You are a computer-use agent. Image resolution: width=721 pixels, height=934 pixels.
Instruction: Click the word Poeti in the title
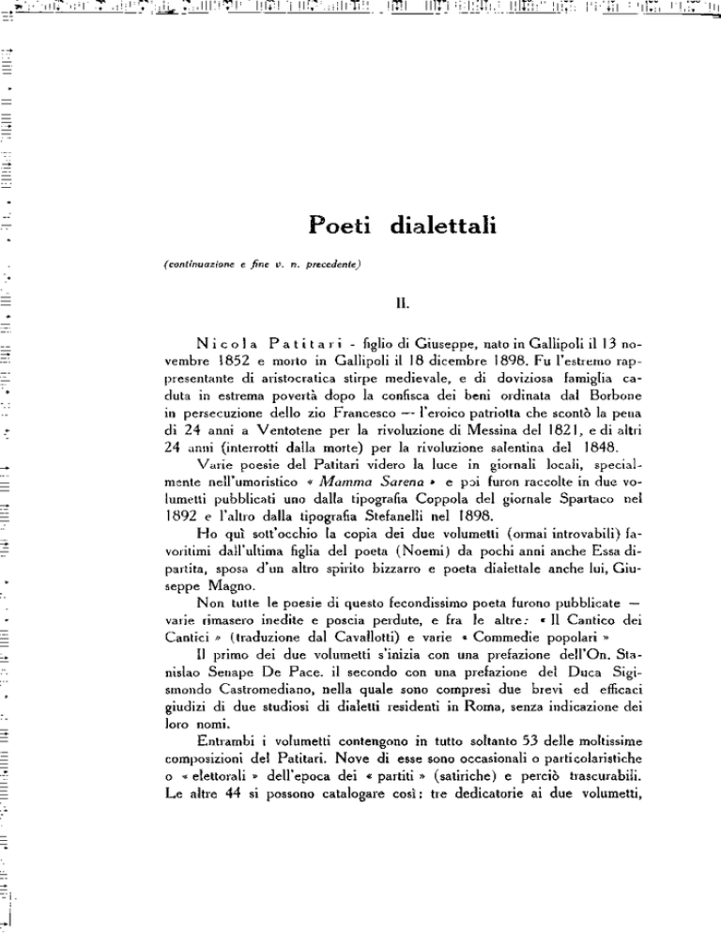point(342,227)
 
